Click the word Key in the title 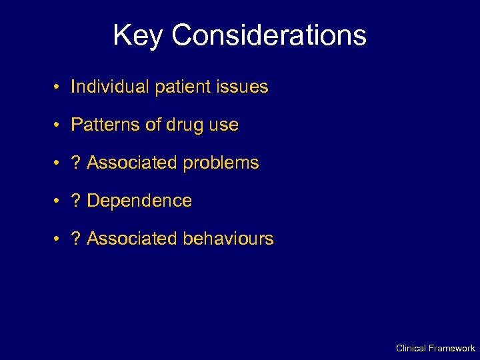(x=138, y=35)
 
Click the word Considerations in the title (x=269, y=35)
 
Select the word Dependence (x=139, y=201)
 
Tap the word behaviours (x=229, y=239)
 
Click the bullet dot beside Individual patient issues (x=59, y=87)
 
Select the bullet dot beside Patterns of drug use (x=59, y=125)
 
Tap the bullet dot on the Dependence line (x=59, y=201)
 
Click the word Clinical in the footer (x=411, y=348)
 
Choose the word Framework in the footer (x=452, y=348)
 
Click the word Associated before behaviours (x=133, y=239)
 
